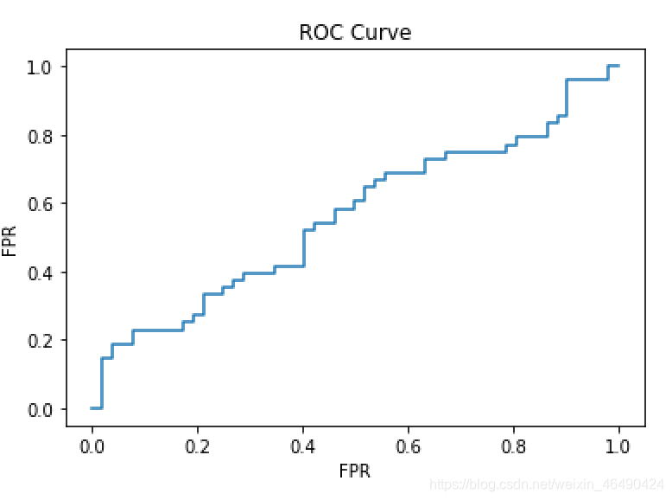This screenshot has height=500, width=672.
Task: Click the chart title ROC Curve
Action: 355,33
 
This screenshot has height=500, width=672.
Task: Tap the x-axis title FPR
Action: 355,471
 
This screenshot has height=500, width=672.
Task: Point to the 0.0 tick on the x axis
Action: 92,446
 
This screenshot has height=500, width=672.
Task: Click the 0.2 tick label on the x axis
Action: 197,446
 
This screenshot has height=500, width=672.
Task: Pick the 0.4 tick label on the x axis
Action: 302,446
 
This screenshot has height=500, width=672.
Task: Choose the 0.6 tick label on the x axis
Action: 408,446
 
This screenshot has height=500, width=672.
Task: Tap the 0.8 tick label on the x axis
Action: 513,446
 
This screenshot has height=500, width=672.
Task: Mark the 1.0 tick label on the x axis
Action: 618,446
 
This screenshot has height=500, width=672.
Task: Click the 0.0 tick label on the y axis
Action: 41,409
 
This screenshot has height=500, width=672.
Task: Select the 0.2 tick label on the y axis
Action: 41,341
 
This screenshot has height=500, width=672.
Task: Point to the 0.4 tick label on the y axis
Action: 41,272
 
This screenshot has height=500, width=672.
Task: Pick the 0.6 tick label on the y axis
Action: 41,204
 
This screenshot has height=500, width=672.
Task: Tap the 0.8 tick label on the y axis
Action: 41,136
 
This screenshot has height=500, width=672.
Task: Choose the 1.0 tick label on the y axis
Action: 41,67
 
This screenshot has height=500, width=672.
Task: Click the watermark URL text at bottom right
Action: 547,484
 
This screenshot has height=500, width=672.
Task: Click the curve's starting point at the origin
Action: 92,407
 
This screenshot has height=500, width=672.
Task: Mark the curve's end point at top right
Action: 618,66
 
